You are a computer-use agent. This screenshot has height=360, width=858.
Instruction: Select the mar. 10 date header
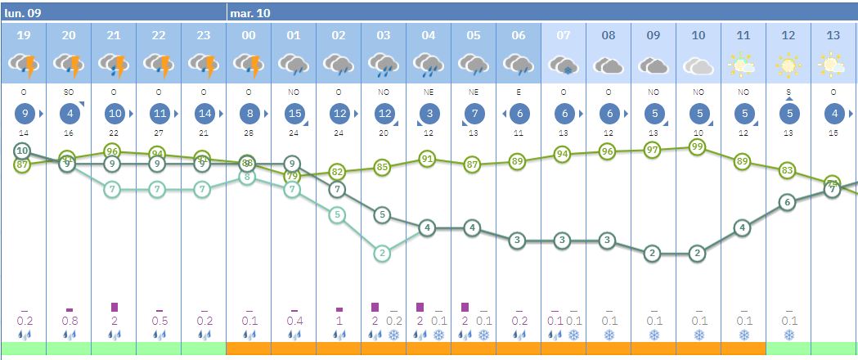point(249,13)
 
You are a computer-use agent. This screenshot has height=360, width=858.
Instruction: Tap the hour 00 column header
point(249,35)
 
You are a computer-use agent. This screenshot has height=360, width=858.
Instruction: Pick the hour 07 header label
point(564,35)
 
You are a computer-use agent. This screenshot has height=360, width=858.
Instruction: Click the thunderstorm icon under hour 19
point(24,64)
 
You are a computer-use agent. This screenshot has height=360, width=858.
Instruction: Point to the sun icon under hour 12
point(788,64)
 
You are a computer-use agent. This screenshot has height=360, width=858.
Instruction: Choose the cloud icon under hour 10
point(699,65)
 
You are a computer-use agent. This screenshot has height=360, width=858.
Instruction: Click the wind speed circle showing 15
point(294,114)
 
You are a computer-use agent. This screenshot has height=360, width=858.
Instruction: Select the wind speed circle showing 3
point(429,114)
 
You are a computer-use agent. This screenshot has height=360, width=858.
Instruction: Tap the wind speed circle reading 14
point(204,114)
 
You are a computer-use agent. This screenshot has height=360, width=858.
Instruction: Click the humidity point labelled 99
point(697,146)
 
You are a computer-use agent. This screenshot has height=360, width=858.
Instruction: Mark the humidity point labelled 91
point(427,159)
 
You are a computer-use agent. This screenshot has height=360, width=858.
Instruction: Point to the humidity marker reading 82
point(338,172)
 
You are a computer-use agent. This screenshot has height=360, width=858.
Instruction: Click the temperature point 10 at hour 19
point(23,151)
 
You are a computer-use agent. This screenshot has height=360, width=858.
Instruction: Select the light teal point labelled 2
point(382,254)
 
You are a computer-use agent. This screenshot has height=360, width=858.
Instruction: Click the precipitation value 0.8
point(69,321)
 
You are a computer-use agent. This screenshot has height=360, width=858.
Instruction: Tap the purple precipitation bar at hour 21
point(114,307)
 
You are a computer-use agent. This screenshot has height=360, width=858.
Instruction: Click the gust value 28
point(249,133)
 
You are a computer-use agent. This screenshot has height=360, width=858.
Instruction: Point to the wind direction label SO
point(69,92)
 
